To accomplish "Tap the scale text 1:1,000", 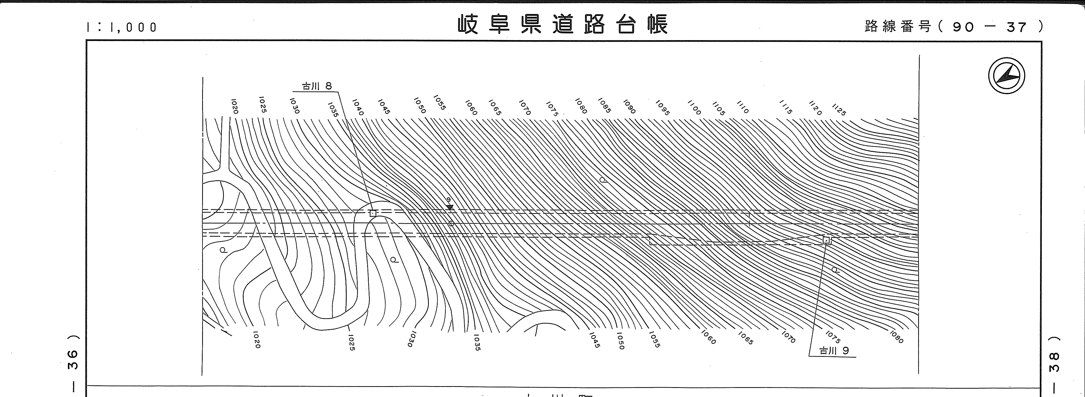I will point(122,27).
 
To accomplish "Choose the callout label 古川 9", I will point(834,351).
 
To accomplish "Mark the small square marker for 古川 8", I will point(373,213).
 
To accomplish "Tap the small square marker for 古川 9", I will point(826,240).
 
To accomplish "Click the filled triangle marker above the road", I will point(450,207).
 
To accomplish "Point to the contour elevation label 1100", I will point(694,108).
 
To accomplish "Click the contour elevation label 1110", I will point(743,107).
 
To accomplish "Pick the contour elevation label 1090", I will point(629,106).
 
